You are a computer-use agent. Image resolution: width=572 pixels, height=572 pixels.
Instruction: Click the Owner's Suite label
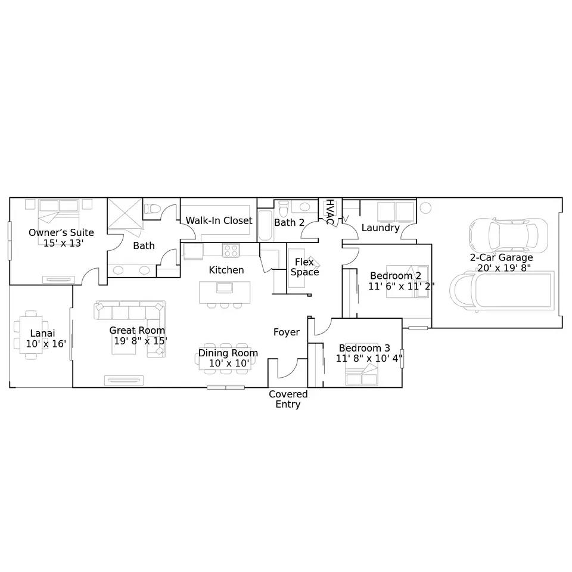(61, 232)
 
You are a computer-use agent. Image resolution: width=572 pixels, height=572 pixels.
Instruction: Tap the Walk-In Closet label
(219, 220)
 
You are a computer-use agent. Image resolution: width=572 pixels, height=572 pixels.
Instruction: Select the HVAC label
(329, 212)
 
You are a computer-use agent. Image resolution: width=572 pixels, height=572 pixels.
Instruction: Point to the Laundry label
(381, 228)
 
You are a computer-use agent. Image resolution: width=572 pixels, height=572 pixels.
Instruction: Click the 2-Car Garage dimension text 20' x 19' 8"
(504, 268)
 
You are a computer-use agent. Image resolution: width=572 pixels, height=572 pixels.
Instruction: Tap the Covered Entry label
(288, 399)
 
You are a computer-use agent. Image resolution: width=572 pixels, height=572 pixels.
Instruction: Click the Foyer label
(287, 332)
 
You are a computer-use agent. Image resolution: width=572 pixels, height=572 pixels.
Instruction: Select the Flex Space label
(304, 267)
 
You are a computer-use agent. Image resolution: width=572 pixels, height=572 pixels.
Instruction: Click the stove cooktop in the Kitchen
(231, 251)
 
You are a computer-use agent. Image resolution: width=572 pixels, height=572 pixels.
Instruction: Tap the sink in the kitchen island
(225, 287)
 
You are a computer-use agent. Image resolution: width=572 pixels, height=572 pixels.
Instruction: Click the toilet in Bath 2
(283, 209)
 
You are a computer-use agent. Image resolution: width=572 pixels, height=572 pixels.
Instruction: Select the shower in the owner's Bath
(125, 213)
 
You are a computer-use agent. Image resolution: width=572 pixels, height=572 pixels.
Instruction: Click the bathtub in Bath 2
(265, 225)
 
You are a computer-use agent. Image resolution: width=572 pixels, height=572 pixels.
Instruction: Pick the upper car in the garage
(508, 236)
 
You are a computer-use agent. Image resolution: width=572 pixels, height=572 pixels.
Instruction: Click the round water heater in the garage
(425, 208)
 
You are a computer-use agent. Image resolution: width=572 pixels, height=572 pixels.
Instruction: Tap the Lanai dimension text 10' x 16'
(46, 344)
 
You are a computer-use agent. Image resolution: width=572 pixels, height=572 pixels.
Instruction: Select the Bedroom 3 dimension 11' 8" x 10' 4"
(369, 358)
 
